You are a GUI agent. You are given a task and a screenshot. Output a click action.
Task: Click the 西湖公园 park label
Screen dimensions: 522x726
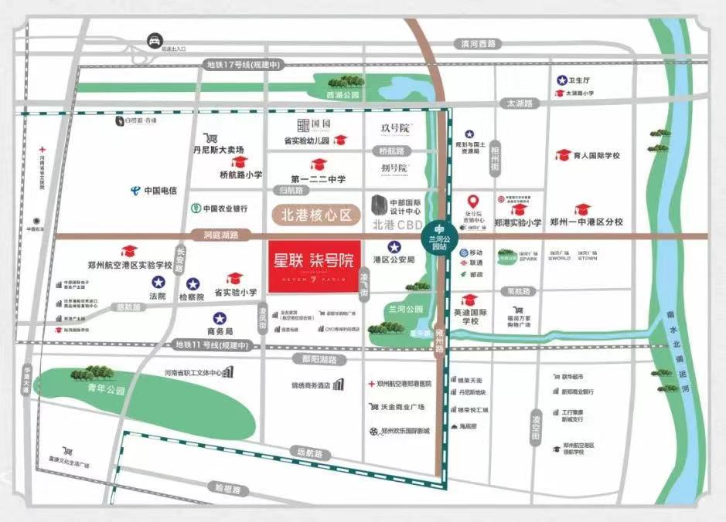click(344, 95)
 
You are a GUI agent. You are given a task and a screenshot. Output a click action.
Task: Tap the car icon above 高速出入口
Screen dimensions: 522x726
click(155, 41)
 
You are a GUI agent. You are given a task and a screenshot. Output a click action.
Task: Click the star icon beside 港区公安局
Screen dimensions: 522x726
click(394, 247)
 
